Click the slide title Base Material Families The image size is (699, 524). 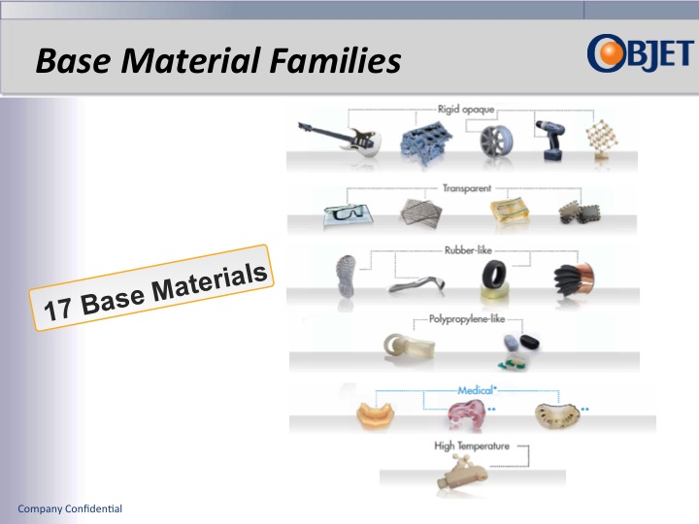click(218, 61)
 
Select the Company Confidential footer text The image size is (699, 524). click(70, 509)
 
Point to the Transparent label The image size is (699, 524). click(467, 188)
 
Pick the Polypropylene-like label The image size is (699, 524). click(467, 318)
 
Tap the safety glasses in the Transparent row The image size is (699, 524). click(341, 214)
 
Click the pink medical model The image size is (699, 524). click(468, 414)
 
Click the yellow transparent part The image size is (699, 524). click(508, 213)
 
